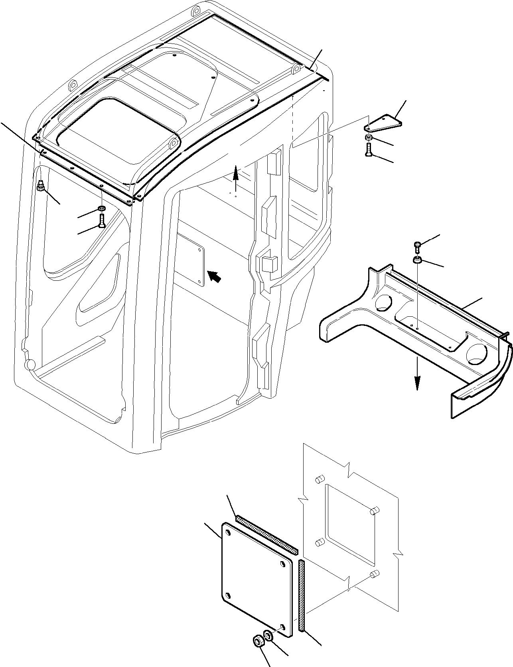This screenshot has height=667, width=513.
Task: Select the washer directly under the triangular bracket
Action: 369,138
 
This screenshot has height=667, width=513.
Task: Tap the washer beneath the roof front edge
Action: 102,208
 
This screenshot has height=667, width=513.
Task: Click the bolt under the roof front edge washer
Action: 102,221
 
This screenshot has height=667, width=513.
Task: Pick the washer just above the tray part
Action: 417,260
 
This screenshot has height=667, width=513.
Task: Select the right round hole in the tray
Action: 476,354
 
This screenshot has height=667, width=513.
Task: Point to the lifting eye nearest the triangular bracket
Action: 296,70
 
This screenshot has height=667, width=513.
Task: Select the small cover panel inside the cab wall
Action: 191,260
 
